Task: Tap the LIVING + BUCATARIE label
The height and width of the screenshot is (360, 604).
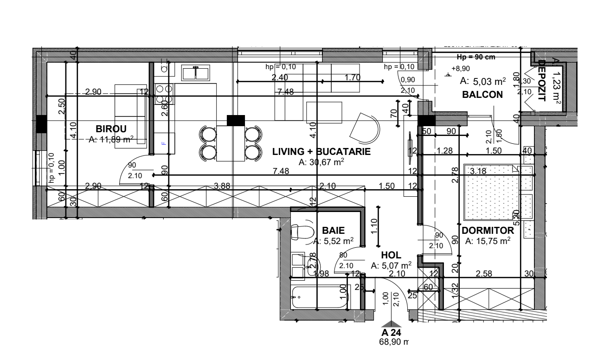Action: tap(321, 152)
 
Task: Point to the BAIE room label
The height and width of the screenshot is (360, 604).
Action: tap(333, 231)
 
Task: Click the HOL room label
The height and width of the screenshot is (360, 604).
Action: tap(391, 255)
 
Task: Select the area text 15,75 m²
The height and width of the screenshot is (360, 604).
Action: tap(488, 241)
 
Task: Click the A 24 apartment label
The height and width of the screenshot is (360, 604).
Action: tap(391, 333)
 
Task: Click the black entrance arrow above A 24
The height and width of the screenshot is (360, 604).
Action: tap(392, 324)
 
